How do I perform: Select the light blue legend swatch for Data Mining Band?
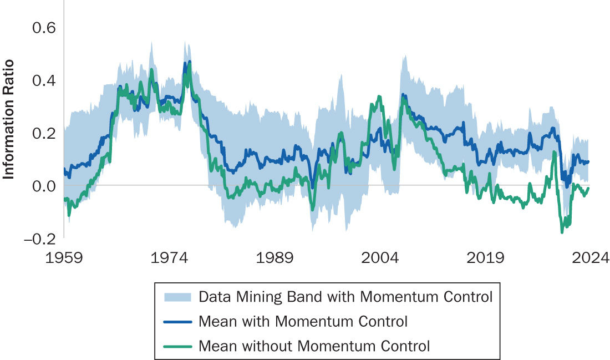[177, 297]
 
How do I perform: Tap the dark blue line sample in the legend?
[177, 322]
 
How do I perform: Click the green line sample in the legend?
[177, 347]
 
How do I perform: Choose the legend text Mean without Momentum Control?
[314, 347]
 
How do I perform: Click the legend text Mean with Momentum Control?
[303, 322]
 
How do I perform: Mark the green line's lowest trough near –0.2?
[562, 232]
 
